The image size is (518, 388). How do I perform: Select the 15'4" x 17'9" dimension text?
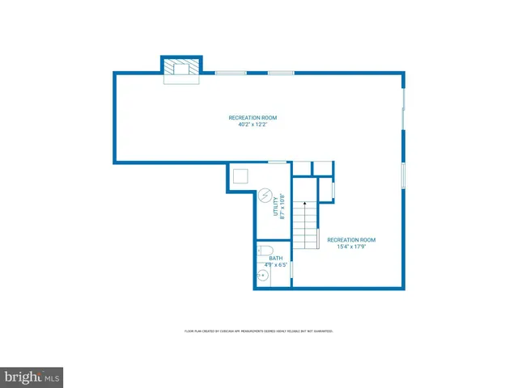(x=351, y=247)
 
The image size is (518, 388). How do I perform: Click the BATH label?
(x=276, y=258)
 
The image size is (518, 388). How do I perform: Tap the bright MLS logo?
(x=32, y=377)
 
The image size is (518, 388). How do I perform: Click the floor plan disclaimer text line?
(x=259, y=331)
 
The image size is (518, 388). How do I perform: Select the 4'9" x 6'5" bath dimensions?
(x=276, y=264)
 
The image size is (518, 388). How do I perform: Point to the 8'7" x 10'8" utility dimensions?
(x=282, y=207)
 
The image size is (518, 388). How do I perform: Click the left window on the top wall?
(x=231, y=73)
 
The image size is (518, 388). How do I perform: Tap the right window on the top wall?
(x=281, y=73)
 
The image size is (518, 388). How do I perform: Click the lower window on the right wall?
(x=403, y=175)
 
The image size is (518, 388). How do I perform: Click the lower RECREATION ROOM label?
(x=351, y=239)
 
